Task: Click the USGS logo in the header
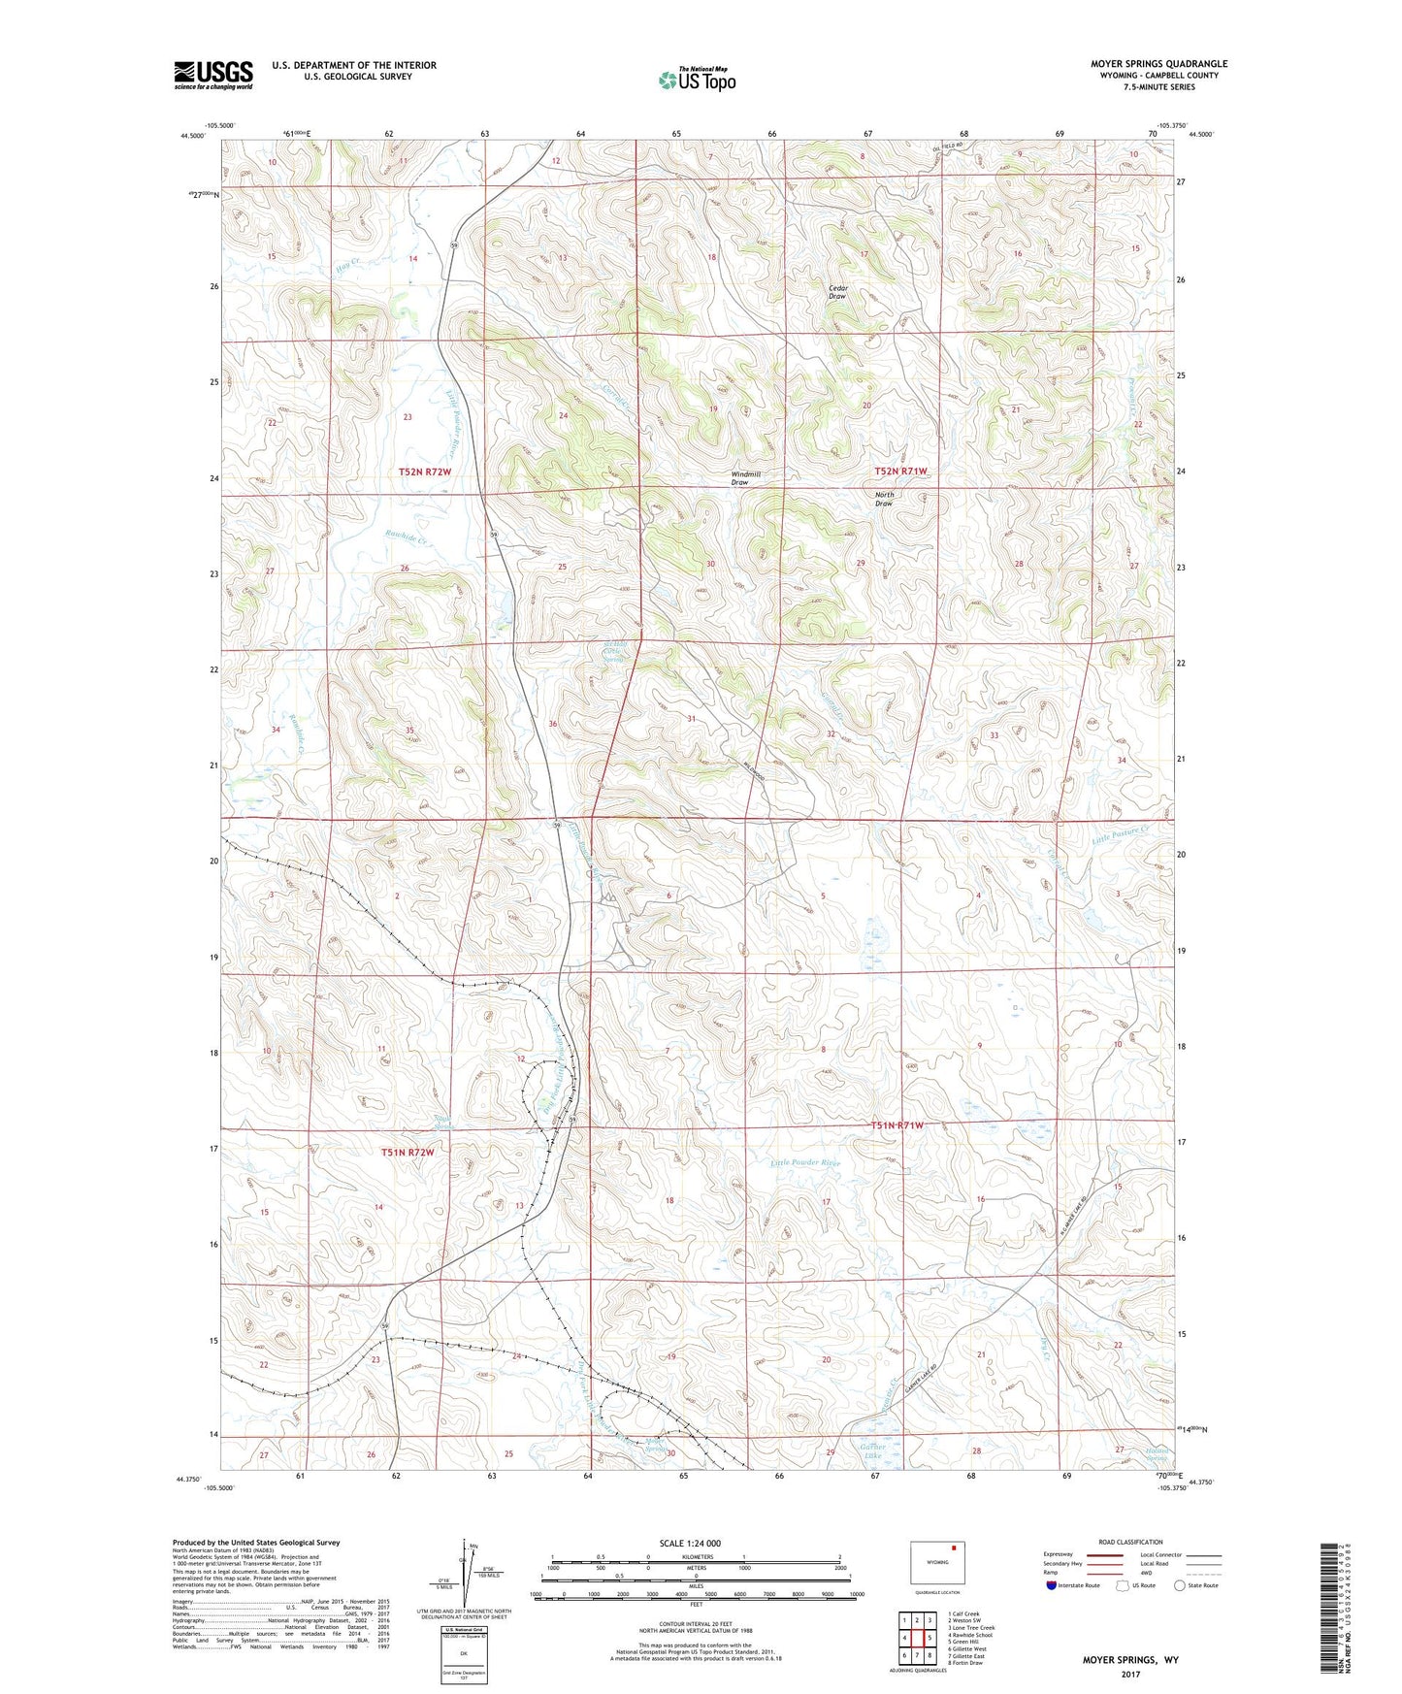click(x=213, y=74)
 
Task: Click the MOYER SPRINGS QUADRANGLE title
click(x=1158, y=64)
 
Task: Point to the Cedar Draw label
click(x=837, y=291)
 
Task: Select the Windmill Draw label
click(x=745, y=478)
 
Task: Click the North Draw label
click(x=884, y=499)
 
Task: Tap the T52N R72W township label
click(x=425, y=472)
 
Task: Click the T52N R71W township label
click(x=900, y=471)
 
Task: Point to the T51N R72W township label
click(x=407, y=1153)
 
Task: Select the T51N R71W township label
click(x=897, y=1125)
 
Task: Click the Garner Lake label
click(x=872, y=1452)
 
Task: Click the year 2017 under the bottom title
click(x=1129, y=1674)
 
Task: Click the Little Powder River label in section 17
click(x=805, y=1162)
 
